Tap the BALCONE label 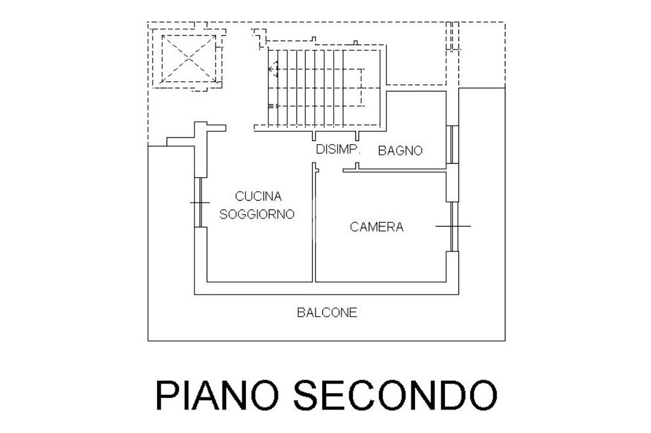[327, 312]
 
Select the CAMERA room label [376, 227]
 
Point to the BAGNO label [401, 150]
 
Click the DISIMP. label [338, 150]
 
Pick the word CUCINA [258, 196]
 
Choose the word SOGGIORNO [257, 214]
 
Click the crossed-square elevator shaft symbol [188, 59]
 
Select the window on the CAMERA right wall [453, 226]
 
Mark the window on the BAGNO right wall [452, 145]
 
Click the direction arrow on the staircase [273, 69]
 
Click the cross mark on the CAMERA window [453, 225]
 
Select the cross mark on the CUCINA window [199, 203]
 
